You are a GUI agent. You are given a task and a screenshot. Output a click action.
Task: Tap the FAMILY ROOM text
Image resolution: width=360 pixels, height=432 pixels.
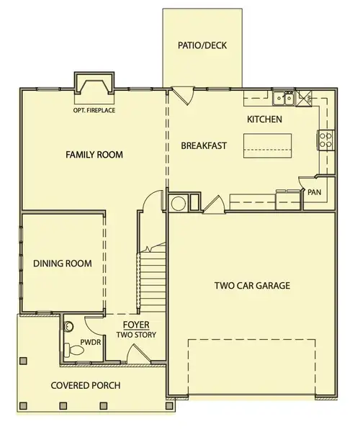94,155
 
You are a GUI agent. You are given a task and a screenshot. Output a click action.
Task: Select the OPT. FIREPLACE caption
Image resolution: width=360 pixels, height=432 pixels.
94,110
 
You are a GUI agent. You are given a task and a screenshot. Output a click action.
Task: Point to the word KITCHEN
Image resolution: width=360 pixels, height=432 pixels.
264,119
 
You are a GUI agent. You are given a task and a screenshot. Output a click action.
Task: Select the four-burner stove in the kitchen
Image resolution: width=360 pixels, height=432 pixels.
326,140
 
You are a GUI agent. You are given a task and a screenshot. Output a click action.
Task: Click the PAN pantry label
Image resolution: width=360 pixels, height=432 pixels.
314,192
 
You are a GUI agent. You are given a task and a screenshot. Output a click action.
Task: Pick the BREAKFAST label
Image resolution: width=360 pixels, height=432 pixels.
204,145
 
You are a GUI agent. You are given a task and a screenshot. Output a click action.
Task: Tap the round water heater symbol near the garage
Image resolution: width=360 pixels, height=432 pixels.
177,202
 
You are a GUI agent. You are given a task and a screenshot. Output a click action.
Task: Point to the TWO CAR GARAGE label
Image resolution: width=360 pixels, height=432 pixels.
252,285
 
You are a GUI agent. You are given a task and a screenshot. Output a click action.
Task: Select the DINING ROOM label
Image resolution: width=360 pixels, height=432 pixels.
63,264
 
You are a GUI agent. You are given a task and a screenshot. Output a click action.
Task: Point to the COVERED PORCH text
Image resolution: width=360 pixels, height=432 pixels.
80,385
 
